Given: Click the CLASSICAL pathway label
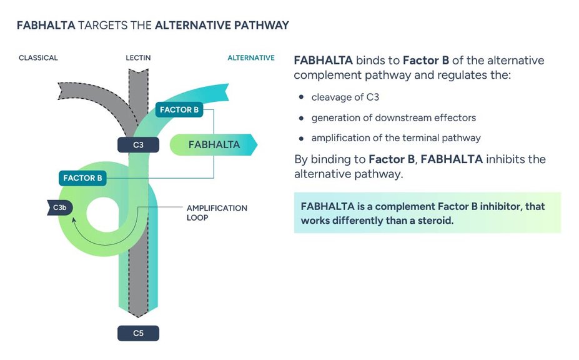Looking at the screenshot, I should [x=38, y=58].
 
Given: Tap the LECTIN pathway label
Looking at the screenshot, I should [x=138, y=58].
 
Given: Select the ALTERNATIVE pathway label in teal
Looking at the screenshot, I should [x=250, y=58].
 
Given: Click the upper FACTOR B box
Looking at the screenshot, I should [x=179, y=110].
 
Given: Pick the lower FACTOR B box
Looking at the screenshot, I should [x=82, y=178].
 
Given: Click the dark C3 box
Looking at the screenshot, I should [x=138, y=145].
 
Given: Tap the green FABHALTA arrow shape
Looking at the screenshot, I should [x=214, y=144].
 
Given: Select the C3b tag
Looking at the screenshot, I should [x=59, y=207].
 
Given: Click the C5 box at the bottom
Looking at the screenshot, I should [x=138, y=333].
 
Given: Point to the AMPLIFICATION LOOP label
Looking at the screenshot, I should [x=217, y=212].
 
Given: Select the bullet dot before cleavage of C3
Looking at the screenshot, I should [x=301, y=97].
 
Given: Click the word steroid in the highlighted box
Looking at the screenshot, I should [x=432, y=221].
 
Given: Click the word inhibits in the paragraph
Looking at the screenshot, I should [x=507, y=159].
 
